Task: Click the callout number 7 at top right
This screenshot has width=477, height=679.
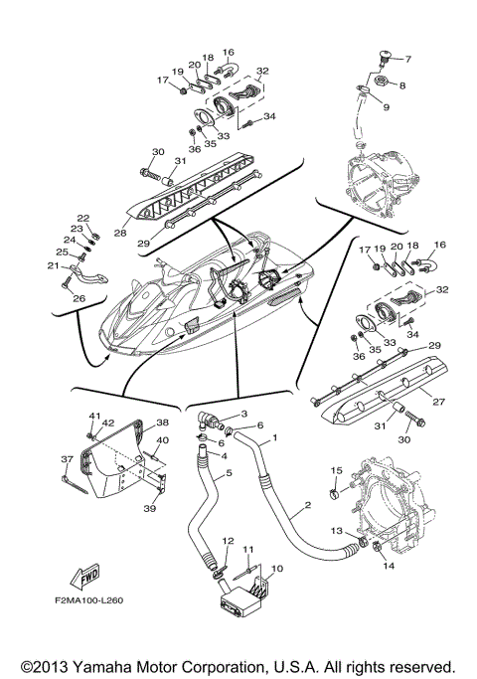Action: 406,59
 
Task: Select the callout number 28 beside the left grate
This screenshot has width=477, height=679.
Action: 120,234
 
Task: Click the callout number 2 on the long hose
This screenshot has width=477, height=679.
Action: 308,505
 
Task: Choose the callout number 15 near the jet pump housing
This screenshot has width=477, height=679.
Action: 336,469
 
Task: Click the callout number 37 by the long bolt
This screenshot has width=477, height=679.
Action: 67,459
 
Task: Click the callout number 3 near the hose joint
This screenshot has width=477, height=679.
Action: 244,412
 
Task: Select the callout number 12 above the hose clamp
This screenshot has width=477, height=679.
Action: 227,540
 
